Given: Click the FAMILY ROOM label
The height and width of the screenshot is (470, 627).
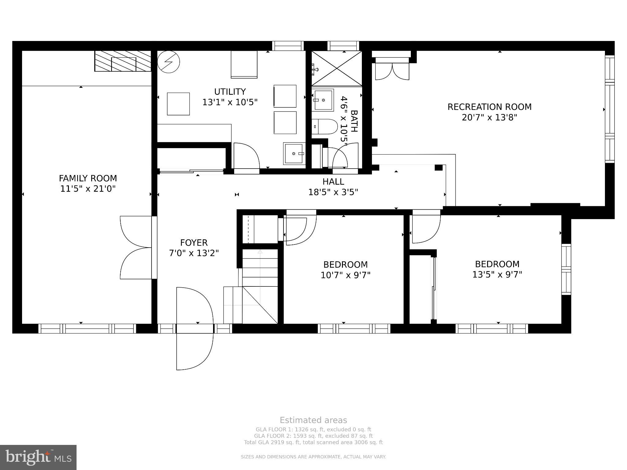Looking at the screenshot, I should (88, 178).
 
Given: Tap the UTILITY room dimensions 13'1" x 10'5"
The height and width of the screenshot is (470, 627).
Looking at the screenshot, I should (230, 102).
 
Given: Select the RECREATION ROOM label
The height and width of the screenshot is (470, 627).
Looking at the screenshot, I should (489, 107).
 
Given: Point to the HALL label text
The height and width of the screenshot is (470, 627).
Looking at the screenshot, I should (333, 181).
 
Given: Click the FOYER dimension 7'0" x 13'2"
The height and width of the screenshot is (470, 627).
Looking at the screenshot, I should (194, 253).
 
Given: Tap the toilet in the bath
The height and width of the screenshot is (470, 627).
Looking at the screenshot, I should (325, 126).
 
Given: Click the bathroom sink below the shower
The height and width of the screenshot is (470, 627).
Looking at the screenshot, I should (323, 100).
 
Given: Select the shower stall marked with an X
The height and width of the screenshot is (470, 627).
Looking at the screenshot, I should (336, 68).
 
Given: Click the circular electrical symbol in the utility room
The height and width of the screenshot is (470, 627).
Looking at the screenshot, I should (168, 62).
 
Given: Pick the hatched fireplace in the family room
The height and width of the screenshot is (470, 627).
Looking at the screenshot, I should (123, 61).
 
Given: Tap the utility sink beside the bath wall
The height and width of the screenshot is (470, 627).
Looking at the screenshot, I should (294, 153).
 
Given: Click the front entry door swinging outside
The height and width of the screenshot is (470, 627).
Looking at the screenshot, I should (194, 349).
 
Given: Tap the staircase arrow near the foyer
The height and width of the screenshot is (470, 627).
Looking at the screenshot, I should (260, 252).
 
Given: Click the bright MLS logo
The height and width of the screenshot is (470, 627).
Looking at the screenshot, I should (38, 457).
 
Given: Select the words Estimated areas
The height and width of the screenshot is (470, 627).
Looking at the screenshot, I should (313, 420).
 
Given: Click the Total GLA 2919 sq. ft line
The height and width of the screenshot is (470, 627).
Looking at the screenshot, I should (313, 442).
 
